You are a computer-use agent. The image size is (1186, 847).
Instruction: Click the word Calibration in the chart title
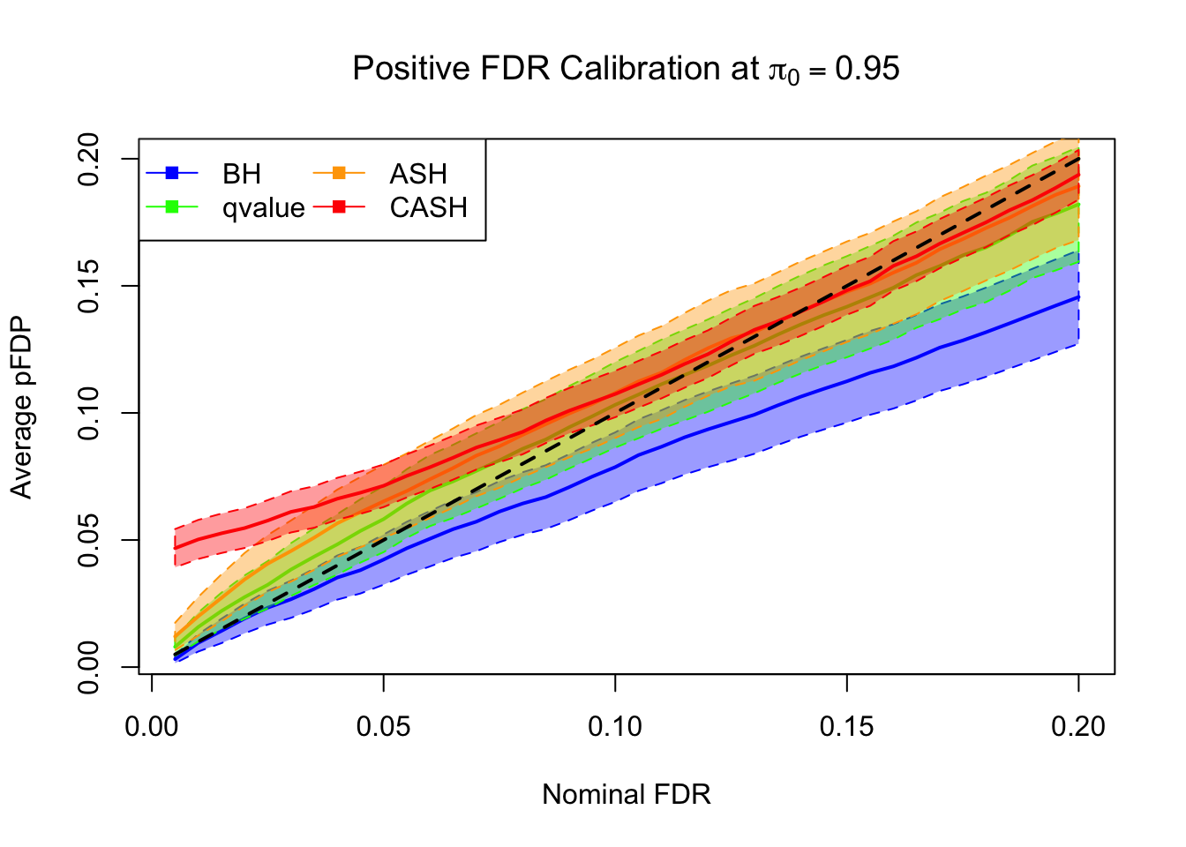click(x=642, y=69)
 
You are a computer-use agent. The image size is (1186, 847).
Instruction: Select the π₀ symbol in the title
click(x=784, y=71)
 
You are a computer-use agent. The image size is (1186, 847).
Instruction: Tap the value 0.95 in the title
click(x=867, y=69)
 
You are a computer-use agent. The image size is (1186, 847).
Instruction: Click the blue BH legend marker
click(x=173, y=173)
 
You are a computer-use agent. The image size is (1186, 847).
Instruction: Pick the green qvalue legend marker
click(x=173, y=207)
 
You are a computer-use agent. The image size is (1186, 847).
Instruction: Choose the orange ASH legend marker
click(x=340, y=173)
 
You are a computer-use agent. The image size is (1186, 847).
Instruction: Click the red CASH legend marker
click(x=340, y=207)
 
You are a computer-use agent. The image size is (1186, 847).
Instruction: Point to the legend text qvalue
click(x=264, y=208)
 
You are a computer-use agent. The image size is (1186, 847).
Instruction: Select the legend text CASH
click(x=429, y=207)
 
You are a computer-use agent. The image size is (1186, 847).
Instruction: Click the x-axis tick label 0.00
click(x=152, y=727)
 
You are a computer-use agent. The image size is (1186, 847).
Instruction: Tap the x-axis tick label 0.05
click(x=383, y=727)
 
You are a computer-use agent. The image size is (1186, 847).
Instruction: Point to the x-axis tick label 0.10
click(x=615, y=727)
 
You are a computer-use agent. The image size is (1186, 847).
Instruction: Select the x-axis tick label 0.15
click(x=846, y=727)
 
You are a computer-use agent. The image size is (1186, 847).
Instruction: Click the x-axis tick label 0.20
click(x=1078, y=727)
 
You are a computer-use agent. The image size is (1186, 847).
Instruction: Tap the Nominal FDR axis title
click(x=626, y=795)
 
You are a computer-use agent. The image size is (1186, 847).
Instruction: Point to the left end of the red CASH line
click(x=176, y=548)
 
